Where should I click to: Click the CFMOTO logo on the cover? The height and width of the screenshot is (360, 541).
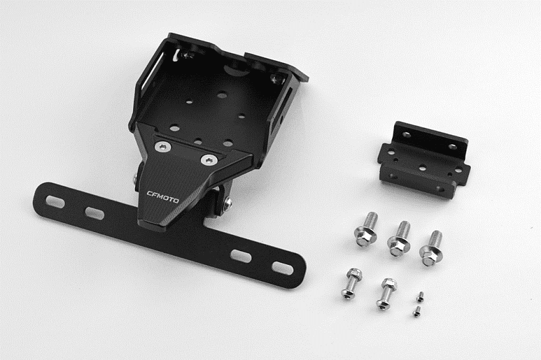tap(163, 197)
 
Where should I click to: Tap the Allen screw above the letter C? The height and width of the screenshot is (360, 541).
tap(162, 147)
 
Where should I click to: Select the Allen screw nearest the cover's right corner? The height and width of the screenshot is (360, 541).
tap(209, 160)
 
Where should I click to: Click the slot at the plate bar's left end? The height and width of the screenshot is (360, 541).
tap(55, 201)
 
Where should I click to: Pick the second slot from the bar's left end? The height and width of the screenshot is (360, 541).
tap(94, 213)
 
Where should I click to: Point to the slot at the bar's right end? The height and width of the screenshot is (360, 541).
tap(283, 268)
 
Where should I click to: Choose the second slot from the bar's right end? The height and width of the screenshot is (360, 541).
tap(241, 256)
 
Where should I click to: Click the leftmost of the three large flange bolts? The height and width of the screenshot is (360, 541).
tap(367, 229)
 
